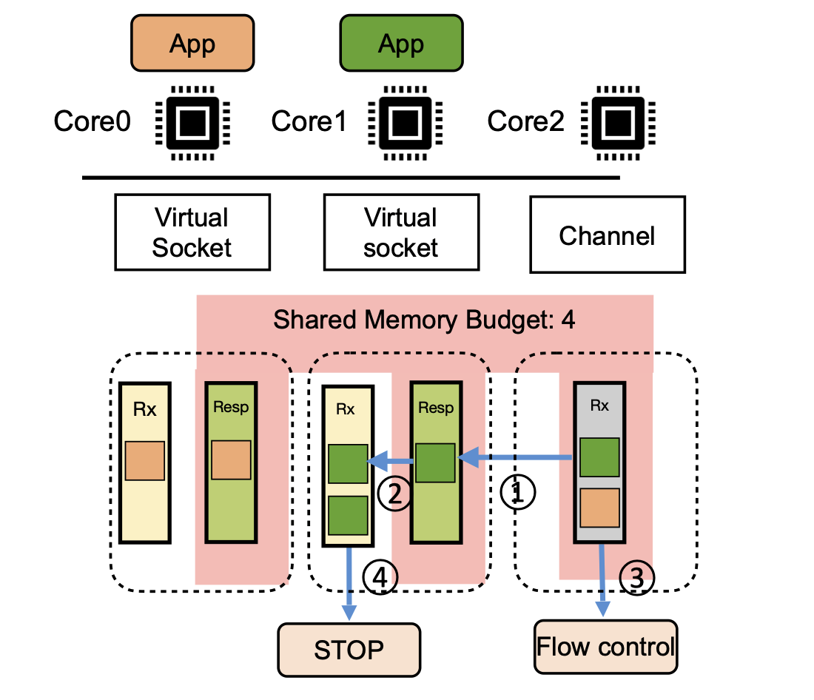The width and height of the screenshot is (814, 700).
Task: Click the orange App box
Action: [192, 43]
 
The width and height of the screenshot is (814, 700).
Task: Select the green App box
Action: [401, 43]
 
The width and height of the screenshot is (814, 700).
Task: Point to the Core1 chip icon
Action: [401, 121]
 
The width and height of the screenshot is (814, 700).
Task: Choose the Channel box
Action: [607, 235]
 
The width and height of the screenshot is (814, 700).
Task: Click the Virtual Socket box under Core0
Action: [192, 232]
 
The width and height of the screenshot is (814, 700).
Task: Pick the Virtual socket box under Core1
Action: [401, 232]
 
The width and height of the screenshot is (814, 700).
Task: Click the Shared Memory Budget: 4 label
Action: [424, 320]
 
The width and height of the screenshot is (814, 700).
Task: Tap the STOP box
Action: [349, 650]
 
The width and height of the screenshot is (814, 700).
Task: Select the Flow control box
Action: [605, 647]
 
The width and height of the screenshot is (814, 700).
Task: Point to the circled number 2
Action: [394, 491]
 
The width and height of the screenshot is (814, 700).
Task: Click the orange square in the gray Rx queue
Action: [600, 508]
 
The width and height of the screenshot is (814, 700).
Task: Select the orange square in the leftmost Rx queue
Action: [145, 460]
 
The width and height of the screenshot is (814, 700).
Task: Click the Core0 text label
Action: [92, 121]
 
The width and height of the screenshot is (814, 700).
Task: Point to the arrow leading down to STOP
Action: [349, 585]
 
